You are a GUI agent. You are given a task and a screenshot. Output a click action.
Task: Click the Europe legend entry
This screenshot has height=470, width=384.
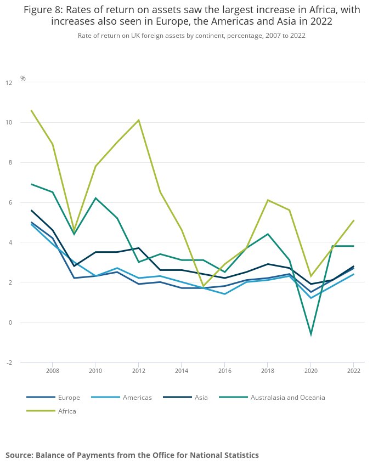[x=53, y=398]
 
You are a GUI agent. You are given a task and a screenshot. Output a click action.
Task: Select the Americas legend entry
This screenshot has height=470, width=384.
[x=121, y=398]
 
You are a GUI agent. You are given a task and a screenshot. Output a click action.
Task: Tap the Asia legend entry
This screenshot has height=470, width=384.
[x=185, y=398]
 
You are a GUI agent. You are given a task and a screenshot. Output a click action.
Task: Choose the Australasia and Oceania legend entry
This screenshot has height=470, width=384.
[x=272, y=398]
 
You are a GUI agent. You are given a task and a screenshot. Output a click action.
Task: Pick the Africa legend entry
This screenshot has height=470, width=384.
[x=51, y=411]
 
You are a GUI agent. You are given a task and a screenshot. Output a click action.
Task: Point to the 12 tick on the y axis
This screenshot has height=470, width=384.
[x=9, y=83]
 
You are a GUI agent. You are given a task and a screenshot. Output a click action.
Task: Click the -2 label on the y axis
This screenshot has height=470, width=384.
[x=9, y=363]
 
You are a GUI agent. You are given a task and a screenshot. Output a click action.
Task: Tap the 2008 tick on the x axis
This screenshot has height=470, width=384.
[x=53, y=371]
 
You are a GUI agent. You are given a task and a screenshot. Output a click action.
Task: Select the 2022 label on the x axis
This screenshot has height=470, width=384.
[x=354, y=371]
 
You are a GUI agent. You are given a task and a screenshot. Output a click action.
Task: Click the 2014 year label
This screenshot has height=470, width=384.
[x=182, y=371]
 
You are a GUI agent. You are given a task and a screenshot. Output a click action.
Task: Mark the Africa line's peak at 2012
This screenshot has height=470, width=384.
[x=138, y=120]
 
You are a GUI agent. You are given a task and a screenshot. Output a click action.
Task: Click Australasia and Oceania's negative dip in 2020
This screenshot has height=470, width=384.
[x=311, y=335]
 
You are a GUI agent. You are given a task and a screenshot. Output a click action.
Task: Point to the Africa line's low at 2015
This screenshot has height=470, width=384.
[x=203, y=286]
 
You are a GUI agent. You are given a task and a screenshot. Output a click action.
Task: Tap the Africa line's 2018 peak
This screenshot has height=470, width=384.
[x=268, y=200]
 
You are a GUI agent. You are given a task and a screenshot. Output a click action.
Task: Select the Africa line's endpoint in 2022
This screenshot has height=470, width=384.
[x=354, y=220]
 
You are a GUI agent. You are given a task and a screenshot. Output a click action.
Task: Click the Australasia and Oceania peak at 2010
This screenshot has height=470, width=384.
[x=95, y=198]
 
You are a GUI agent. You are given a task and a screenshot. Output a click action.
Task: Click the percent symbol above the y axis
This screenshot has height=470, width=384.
[x=23, y=78]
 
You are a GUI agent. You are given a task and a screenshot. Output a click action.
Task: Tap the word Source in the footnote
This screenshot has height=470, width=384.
[x=19, y=455]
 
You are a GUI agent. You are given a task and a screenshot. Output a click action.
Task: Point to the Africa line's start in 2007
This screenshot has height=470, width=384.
[x=31, y=110]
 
